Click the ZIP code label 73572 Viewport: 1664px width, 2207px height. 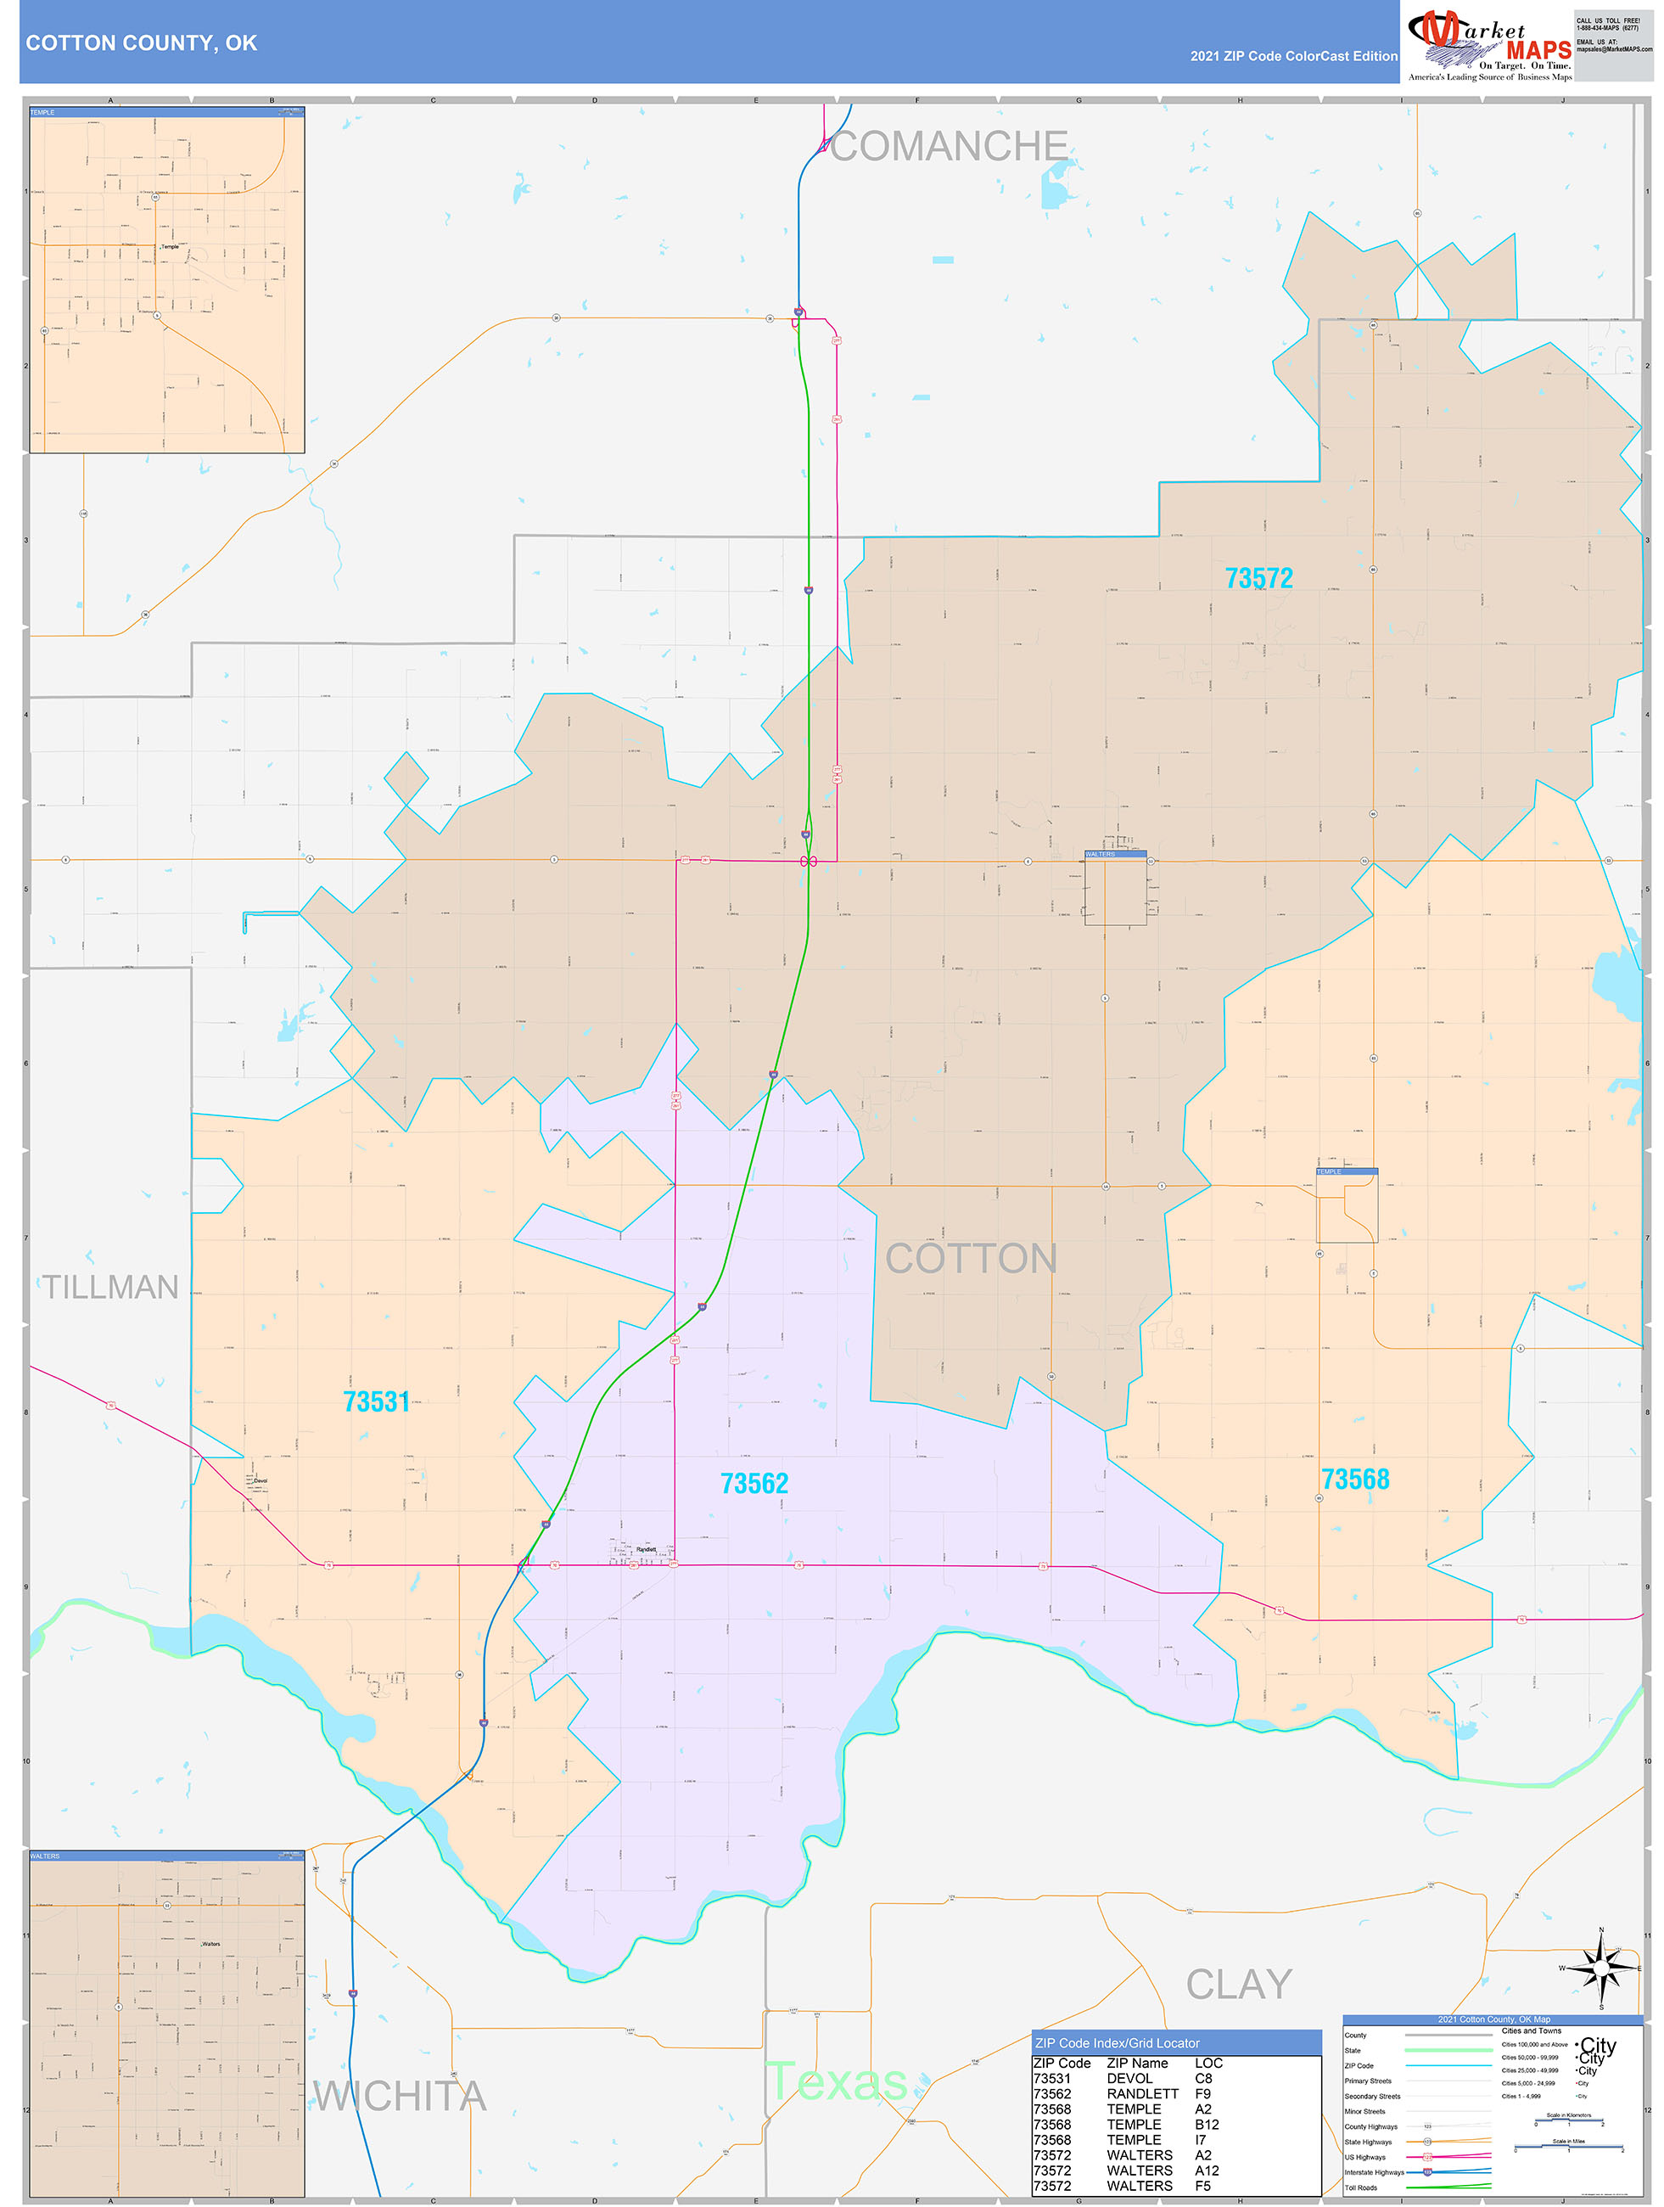pyautogui.click(x=1258, y=578)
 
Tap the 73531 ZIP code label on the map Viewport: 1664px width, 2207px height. pyautogui.click(x=376, y=1401)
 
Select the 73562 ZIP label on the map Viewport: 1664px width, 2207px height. pyautogui.click(x=754, y=1484)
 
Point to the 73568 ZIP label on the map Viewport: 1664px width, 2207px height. pyautogui.click(x=1355, y=1479)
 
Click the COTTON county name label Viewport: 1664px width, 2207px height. pyautogui.click(x=971, y=1259)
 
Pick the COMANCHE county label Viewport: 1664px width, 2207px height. pyautogui.click(x=949, y=147)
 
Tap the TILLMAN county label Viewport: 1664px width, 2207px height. pyautogui.click(x=109, y=1287)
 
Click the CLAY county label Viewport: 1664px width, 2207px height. pyautogui.click(x=1239, y=1985)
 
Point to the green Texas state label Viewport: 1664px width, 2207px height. pyautogui.click(x=836, y=2081)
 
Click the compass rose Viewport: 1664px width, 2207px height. pyautogui.click(x=1600, y=1968)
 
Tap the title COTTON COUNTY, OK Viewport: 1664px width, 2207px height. pyautogui.click(x=142, y=43)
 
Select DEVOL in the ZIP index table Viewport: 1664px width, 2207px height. pyautogui.click(x=1129, y=2078)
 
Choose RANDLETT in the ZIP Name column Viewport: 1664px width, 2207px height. pyautogui.click(x=1142, y=2093)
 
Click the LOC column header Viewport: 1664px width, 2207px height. pyautogui.click(x=1208, y=2063)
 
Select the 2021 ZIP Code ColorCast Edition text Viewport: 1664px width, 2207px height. pyautogui.click(x=1293, y=56)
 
